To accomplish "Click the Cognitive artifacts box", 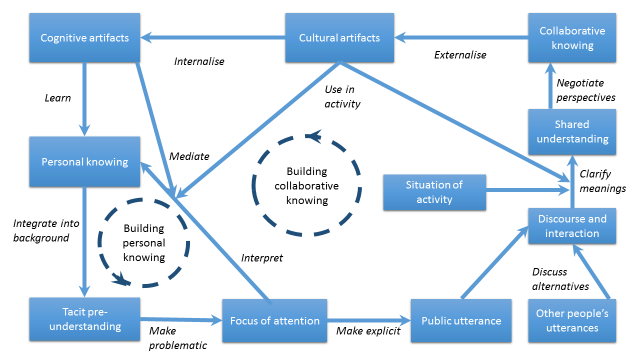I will tap(84, 38).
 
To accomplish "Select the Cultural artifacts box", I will tap(339, 38).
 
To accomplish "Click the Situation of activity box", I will tap(435, 192).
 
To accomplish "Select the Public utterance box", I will tap(459, 321).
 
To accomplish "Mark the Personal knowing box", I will tap(83, 161).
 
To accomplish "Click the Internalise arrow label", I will tap(200, 62).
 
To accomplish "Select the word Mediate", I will tap(189, 156).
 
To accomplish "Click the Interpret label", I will tap(262, 258).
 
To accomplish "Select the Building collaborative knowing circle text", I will tap(306, 185).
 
